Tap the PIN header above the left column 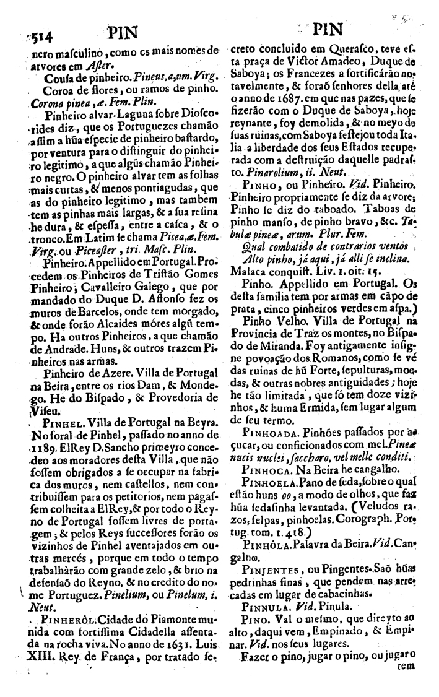(122, 32)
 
